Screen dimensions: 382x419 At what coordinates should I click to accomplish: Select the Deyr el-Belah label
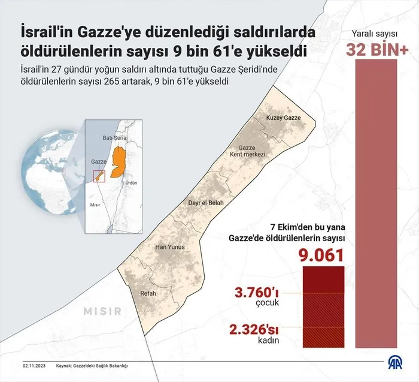point(206,203)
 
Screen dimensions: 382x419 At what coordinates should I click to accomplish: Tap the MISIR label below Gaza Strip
point(102,311)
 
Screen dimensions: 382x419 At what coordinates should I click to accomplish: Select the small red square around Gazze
point(99,175)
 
